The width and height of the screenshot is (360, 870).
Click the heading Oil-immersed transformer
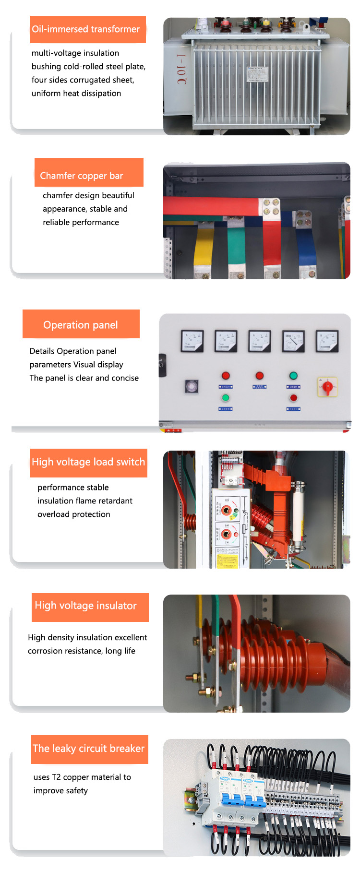[x=86, y=29]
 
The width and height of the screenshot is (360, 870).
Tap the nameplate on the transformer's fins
[x=258, y=74]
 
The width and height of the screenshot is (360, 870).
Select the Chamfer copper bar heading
[x=82, y=176]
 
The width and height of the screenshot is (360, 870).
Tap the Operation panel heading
[x=81, y=325]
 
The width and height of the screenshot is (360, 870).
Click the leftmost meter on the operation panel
[x=192, y=341]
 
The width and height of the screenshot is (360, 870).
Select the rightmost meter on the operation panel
[x=327, y=341]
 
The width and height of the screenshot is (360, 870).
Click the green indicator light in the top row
[x=293, y=376]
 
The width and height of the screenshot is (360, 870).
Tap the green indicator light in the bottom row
[x=226, y=398]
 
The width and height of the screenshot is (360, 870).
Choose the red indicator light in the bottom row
[x=293, y=398]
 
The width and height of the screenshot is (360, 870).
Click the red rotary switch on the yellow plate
[x=327, y=387]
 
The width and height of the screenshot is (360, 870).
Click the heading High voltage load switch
[x=88, y=462]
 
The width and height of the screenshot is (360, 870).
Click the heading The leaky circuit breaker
[x=89, y=749]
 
